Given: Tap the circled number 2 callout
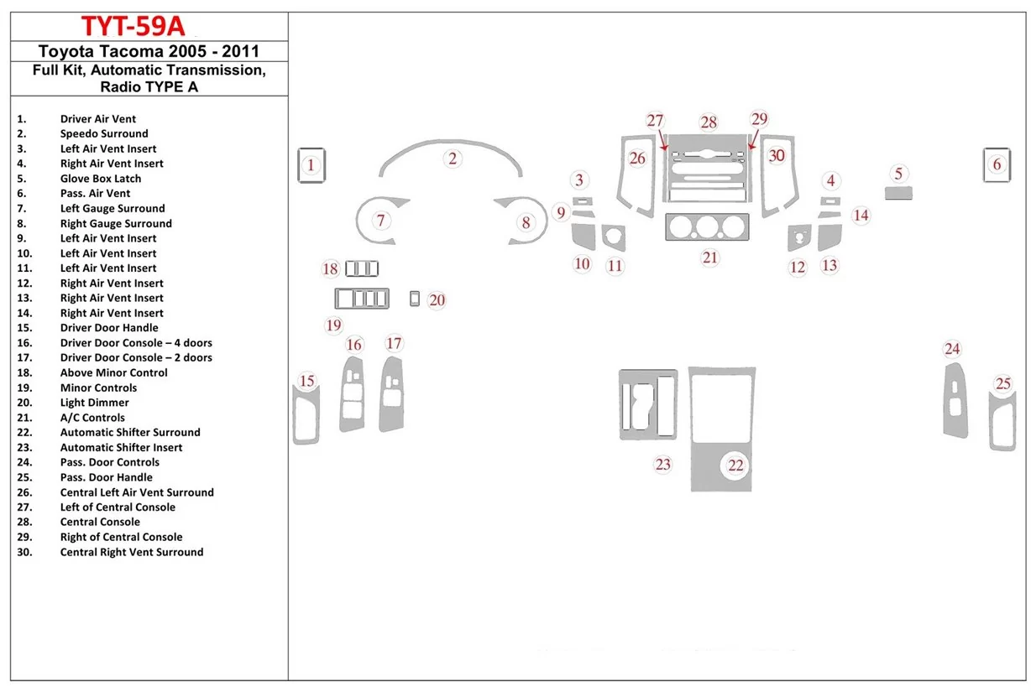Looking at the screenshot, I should [453, 159].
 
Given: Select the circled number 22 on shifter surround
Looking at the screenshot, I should [736, 465].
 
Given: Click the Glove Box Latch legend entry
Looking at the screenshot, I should [101, 179].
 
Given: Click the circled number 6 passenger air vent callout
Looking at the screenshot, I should [997, 164].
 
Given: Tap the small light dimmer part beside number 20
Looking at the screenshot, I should [415, 299].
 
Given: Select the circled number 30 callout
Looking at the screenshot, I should [777, 155].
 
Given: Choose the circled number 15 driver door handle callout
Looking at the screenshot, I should [307, 382].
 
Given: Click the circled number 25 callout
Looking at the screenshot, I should [1003, 383].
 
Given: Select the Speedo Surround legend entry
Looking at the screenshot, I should [104, 133].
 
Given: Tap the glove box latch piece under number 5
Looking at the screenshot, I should [898, 194].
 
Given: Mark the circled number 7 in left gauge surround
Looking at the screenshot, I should [381, 221].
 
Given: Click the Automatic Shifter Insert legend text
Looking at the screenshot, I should [121, 447].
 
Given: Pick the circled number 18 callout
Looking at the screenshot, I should [331, 268].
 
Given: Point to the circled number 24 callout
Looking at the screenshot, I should [952, 349].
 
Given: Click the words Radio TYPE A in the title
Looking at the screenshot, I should [149, 86].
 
